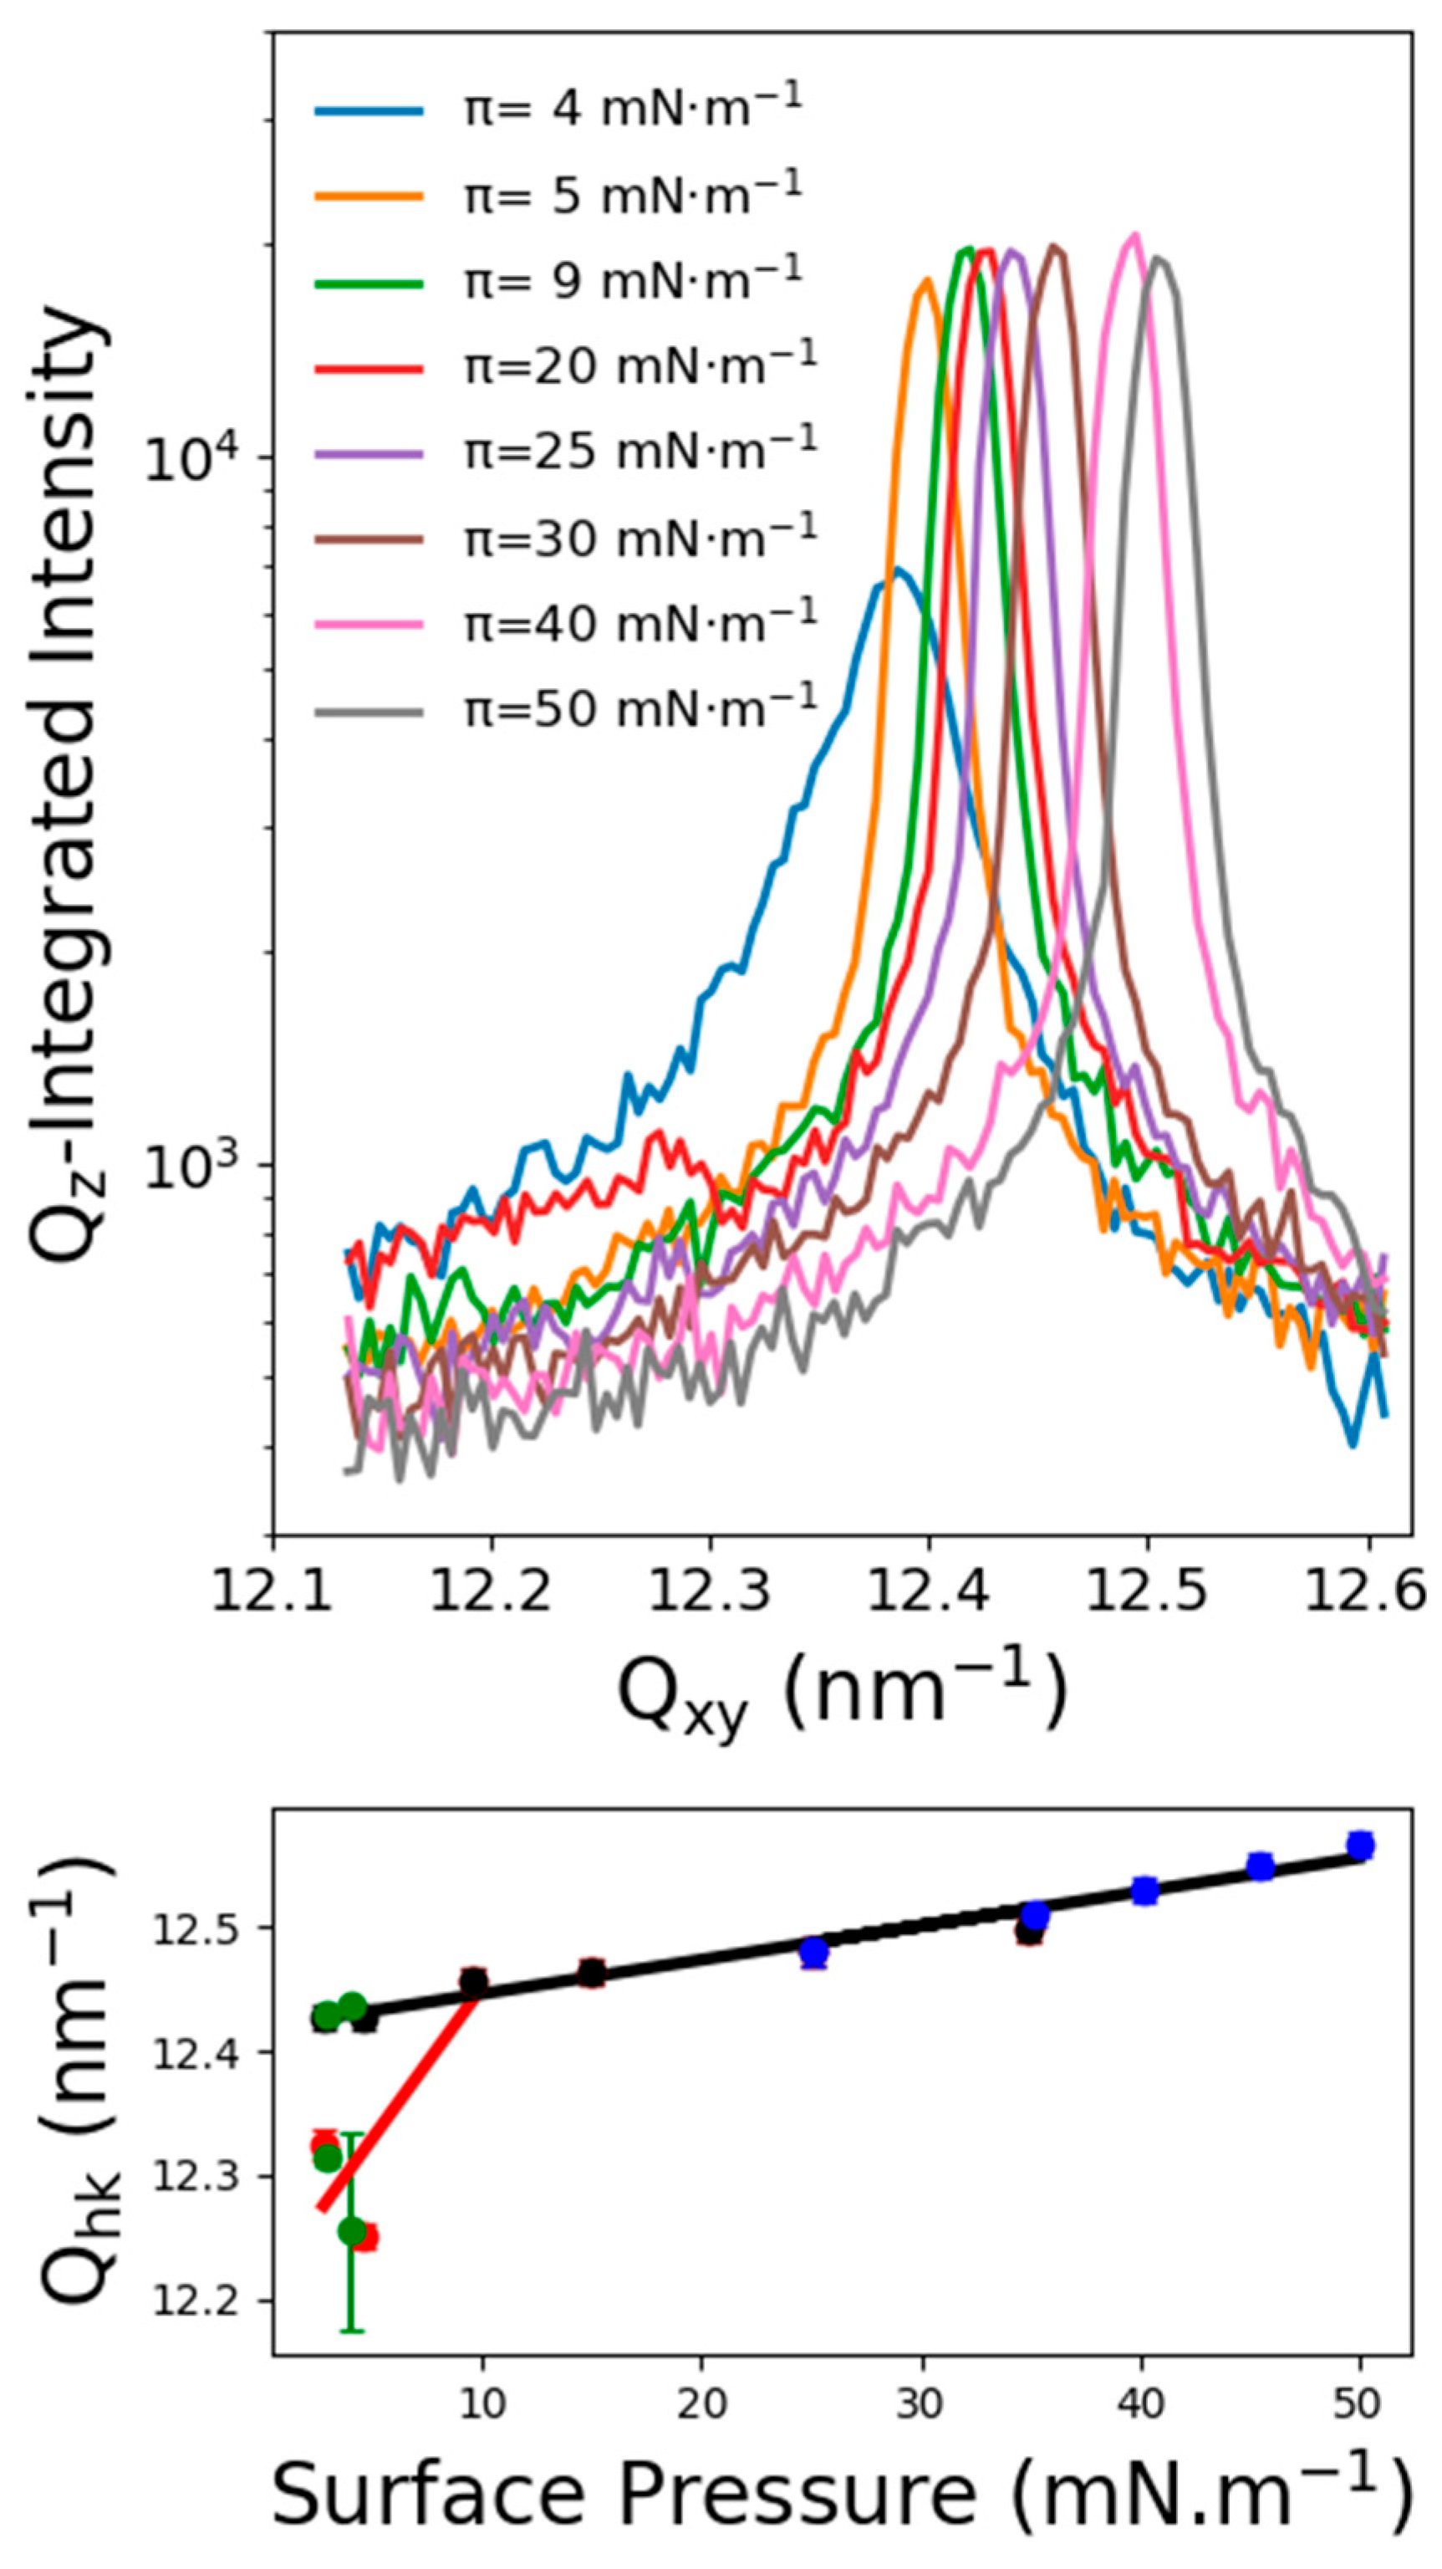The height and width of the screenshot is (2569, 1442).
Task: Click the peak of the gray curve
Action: (x=1157, y=258)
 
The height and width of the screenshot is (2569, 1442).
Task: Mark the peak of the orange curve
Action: (x=926, y=280)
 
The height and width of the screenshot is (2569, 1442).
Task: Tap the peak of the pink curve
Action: (x=1132, y=234)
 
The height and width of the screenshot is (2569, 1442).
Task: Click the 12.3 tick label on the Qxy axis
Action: (x=709, y=1592)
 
